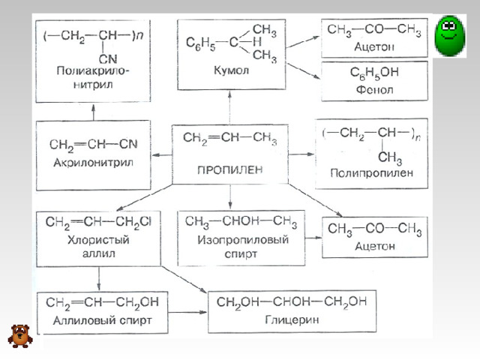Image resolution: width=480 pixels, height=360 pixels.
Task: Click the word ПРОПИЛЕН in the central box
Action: coord(229,169)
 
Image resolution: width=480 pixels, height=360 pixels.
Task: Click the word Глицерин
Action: coord(290,319)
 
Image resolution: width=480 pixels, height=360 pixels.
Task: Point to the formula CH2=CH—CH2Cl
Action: coord(98,222)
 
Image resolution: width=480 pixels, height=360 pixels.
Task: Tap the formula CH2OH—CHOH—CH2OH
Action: coord(291,302)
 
